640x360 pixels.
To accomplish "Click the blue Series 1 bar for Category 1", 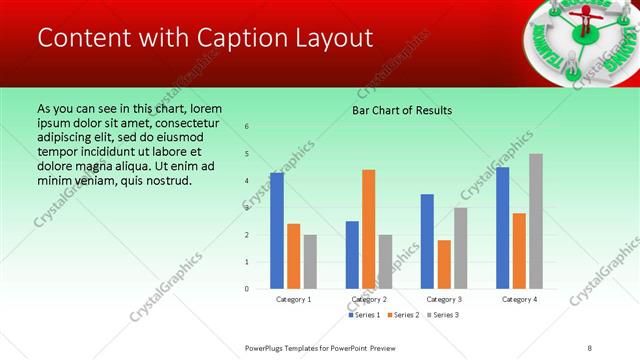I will click(277, 231).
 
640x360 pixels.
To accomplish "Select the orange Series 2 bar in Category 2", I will click(368, 229).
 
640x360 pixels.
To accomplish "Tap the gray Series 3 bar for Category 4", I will click(536, 221).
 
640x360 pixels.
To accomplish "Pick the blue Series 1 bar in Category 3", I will click(427, 241).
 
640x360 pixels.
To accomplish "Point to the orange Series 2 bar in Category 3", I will click(444, 264).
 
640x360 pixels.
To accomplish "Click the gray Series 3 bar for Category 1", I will click(310, 262).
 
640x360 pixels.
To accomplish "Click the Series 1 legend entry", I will click(364, 315).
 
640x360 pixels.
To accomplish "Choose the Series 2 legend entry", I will click(402, 315).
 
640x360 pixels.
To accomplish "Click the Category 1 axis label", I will click(293, 299).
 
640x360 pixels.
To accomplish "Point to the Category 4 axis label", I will click(519, 299).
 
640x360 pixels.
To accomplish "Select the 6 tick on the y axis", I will click(247, 127).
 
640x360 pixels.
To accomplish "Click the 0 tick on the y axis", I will click(247, 289).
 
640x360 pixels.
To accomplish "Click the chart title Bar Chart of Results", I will click(402, 110).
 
